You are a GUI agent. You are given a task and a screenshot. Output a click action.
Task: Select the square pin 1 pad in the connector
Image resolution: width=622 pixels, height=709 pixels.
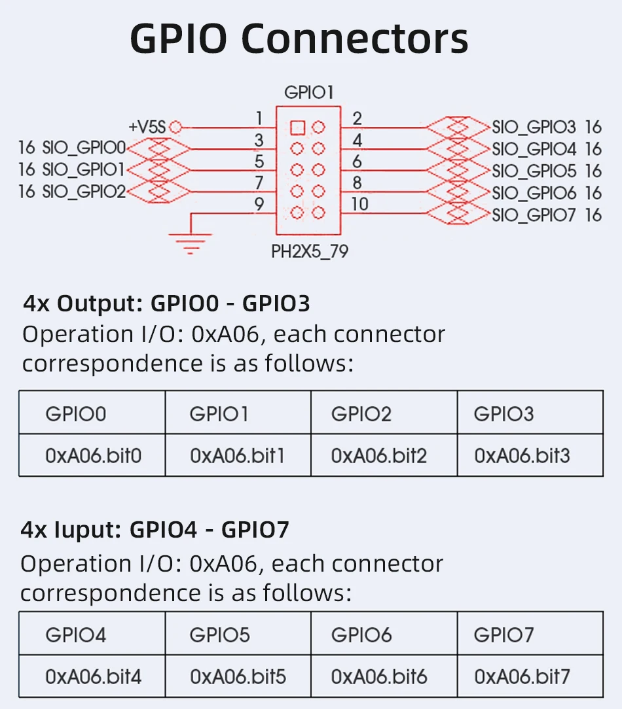(297, 126)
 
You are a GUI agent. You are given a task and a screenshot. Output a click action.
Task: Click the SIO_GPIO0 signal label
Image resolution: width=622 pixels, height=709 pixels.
(84, 148)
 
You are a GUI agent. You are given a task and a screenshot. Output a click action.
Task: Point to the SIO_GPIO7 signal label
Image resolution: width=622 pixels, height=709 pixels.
(534, 215)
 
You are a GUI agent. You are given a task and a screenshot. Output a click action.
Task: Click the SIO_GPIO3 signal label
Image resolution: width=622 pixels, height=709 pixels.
(534, 127)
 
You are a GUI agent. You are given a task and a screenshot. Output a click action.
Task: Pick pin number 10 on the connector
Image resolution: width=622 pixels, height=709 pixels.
(359, 204)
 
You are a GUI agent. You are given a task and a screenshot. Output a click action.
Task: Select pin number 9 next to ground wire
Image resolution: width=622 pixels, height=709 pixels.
(259, 204)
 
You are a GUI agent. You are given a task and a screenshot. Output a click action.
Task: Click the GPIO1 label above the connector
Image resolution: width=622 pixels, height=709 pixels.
(308, 93)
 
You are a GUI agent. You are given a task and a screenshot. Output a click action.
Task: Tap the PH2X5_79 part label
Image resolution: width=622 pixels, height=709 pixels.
(310, 251)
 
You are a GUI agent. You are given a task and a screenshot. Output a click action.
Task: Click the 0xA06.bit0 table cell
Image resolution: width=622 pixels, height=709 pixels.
(93, 455)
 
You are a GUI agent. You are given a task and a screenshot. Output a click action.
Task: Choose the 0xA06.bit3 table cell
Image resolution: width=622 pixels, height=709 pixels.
(522, 455)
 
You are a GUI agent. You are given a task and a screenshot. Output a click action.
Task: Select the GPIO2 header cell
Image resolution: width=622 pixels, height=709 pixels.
(361, 414)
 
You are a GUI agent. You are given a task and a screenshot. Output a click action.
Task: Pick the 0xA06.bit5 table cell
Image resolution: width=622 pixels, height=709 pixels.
(238, 676)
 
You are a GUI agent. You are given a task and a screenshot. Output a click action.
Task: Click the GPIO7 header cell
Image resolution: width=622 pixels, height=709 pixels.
(503, 634)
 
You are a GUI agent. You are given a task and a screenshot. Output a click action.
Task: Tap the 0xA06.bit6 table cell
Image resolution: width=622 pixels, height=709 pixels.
(379, 676)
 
